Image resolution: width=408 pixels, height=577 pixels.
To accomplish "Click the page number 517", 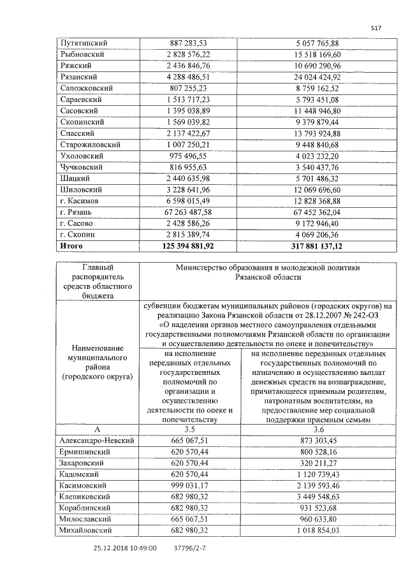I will [375, 27].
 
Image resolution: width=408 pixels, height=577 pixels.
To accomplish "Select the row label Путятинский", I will [83, 43].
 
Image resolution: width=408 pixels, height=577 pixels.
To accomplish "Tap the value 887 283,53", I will [189, 43].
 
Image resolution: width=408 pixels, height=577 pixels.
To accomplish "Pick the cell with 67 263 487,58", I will [188, 211].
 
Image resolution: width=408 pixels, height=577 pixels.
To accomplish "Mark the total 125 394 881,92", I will [188, 245].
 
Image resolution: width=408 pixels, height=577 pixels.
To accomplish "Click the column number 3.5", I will [189, 430].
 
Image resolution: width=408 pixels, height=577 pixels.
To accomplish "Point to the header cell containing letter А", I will [98, 430].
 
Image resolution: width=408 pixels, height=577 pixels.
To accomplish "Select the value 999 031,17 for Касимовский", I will [189, 485].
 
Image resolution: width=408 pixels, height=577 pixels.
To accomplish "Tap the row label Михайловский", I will [85, 530].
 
